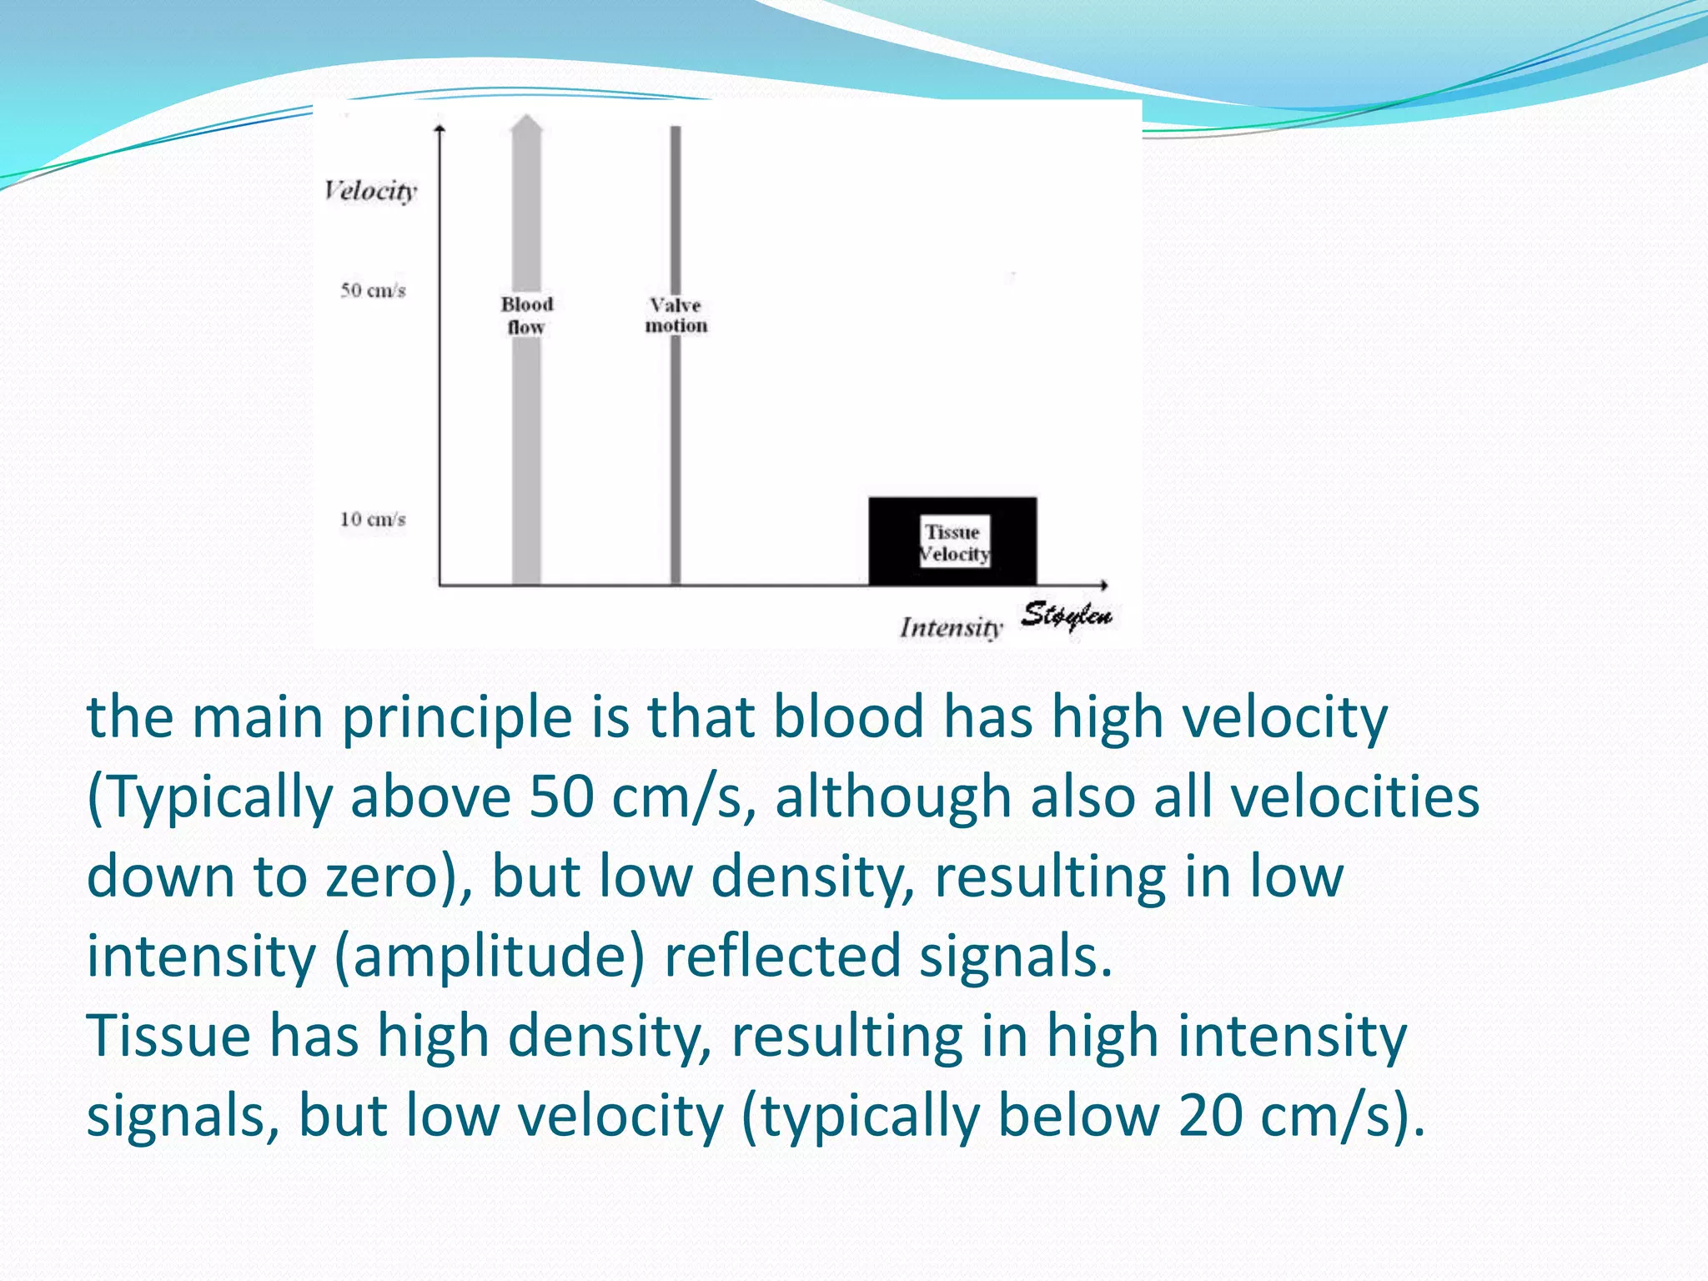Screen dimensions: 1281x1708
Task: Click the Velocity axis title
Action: coord(370,191)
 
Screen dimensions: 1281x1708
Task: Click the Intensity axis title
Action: coord(950,627)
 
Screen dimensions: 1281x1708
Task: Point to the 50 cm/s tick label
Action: coord(372,290)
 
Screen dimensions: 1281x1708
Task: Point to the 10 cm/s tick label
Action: coord(372,519)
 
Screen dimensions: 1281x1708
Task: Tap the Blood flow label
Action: coord(526,315)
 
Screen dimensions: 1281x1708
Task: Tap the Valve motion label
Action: coord(676,315)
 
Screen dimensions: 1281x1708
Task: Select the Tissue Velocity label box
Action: coord(954,542)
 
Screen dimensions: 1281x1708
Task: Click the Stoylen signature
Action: coord(1067,615)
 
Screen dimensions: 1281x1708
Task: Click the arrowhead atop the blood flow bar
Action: coord(526,124)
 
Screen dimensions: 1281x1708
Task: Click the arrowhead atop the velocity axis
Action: coord(440,128)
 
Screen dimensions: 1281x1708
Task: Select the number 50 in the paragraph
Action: coord(561,796)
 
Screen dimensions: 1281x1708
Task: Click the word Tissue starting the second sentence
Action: coord(168,1036)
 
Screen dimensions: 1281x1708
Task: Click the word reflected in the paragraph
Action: coord(781,956)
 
